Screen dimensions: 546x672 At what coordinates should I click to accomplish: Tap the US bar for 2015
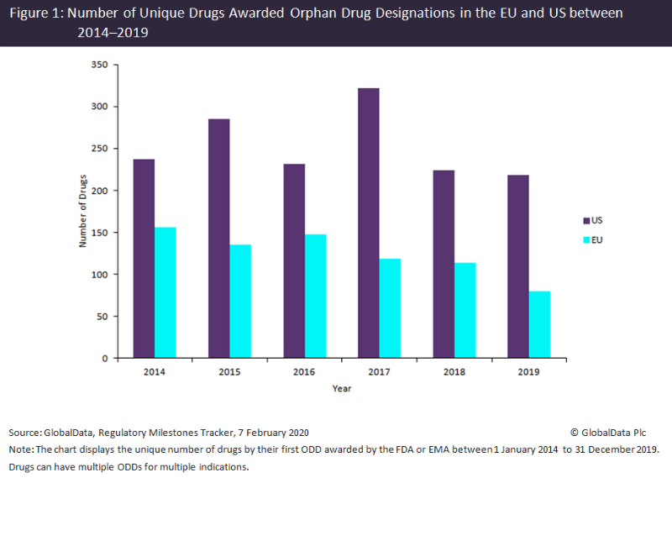[x=219, y=239]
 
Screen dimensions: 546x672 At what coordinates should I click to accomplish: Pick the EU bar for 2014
[x=165, y=293]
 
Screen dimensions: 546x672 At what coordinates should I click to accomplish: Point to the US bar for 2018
[x=444, y=265]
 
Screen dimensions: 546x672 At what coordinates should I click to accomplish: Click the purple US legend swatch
[x=586, y=220]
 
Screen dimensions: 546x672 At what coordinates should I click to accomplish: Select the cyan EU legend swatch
[x=586, y=240]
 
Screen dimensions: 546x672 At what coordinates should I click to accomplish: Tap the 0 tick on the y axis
[x=104, y=359]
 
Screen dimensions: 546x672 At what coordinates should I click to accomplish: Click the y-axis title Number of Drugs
[x=83, y=212]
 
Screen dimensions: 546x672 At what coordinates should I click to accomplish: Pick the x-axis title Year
[x=341, y=388]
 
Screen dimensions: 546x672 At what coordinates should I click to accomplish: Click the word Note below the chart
[x=20, y=449]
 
